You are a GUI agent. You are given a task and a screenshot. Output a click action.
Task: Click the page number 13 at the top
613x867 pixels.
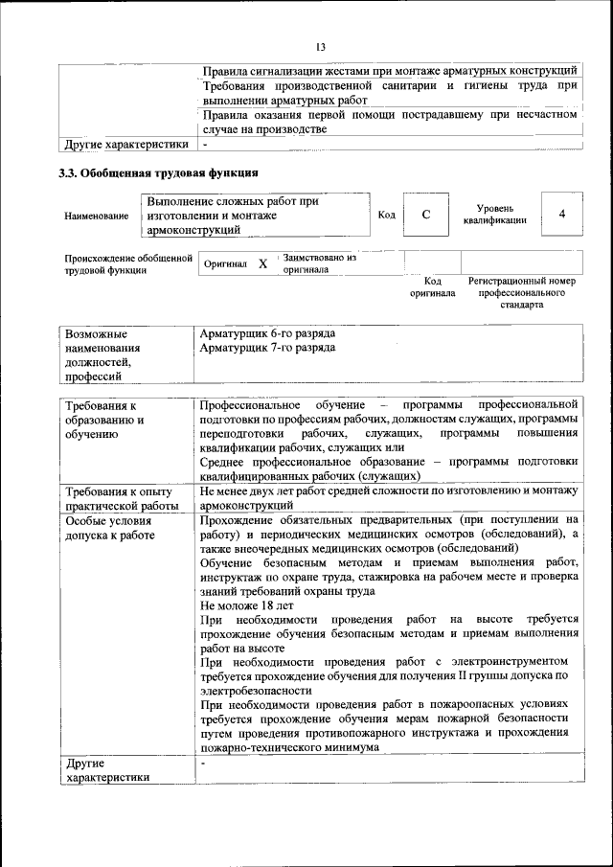point(321,47)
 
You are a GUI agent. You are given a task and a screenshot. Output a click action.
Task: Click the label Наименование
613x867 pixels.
point(96,217)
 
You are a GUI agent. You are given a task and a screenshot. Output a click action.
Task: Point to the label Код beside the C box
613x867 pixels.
point(386,215)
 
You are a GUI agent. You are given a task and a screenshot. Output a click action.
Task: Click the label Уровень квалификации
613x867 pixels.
point(495,215)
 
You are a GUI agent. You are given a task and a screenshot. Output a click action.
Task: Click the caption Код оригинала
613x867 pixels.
point(432,287)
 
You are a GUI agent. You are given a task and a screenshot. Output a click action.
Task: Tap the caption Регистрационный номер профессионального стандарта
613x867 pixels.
point(521,292)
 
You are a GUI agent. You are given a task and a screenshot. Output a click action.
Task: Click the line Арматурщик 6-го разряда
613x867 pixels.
point(267,332)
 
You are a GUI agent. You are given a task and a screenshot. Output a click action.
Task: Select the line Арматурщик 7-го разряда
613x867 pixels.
point(267,347)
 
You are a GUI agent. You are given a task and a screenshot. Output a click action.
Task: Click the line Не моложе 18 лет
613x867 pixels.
point(247,606)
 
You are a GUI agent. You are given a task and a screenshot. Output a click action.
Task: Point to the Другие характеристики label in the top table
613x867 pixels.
point(125,145)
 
